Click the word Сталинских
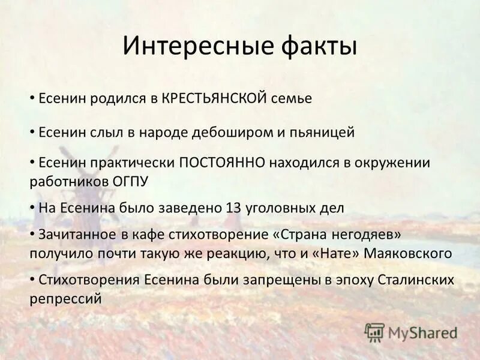click(417, 280)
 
